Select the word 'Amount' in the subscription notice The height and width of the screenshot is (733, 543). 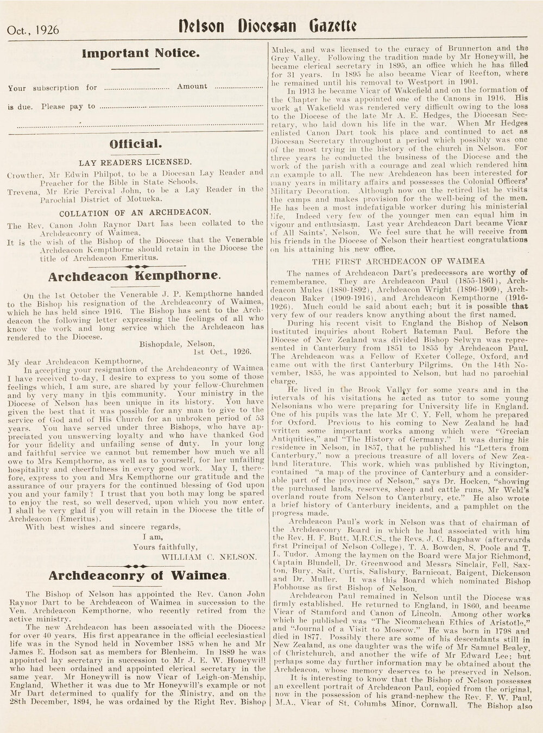[x=192, y=86]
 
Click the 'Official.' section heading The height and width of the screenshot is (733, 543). [x=135, y=145]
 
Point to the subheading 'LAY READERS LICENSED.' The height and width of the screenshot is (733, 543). [x=135, y=162]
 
